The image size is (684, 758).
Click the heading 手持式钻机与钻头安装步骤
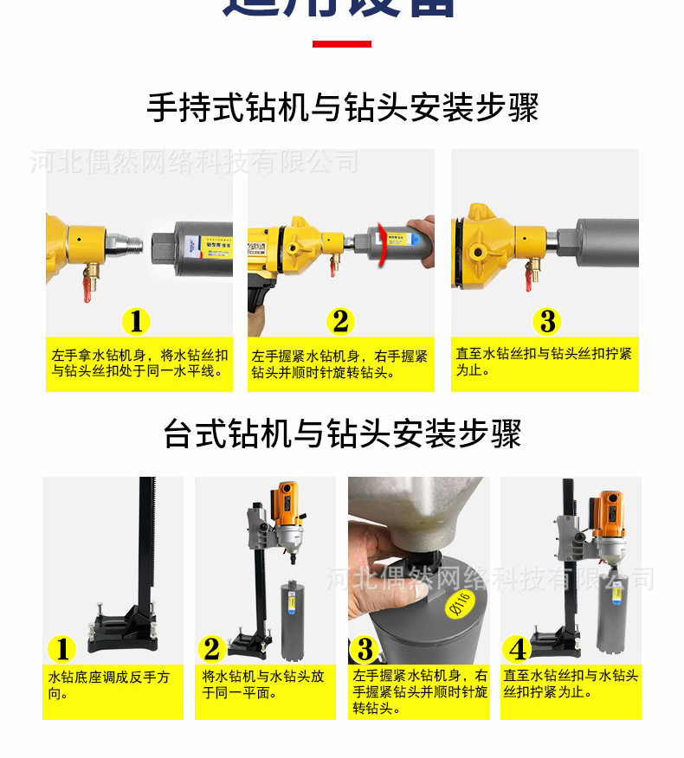[x=342, y=108]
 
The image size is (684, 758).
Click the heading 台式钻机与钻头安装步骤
[x=342, y=434]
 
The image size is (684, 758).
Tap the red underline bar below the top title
[x=341, y=44]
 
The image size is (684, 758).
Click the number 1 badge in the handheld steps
[x=136, y=322]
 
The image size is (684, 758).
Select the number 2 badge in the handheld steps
[x=340, y=322]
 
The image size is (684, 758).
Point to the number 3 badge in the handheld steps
[x=546, y=322]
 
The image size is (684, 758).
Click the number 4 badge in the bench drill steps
[x=519, y=648]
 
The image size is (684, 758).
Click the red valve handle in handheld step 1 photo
[x=87, y=285]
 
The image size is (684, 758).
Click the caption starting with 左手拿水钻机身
[x=139, y=363]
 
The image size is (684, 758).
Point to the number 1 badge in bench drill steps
[x=61, y=648]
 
